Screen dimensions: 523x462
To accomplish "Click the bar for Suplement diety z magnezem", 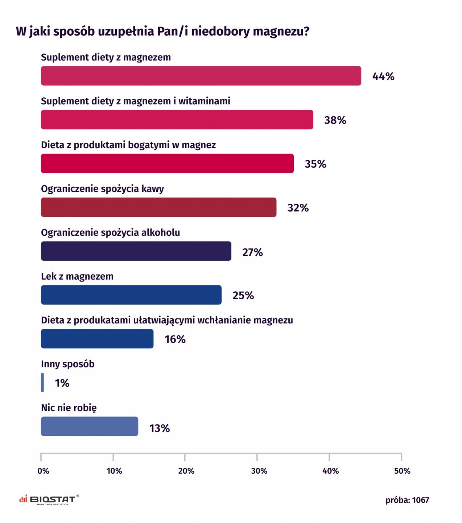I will click(x=201, y=76).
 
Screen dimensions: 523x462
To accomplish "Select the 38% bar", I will click(x=177, y=119).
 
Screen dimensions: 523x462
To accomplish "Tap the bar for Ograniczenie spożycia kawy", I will click(x=158, y=207).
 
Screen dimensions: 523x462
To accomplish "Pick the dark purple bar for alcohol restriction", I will click(x=136, y=251).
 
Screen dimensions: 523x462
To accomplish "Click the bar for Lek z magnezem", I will click(x=131, y=295).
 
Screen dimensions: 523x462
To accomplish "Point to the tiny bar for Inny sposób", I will click(x=42, y=382).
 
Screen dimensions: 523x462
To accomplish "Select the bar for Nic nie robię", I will click(x=90, y=426).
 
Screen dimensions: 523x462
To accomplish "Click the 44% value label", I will click(x=383, y=76).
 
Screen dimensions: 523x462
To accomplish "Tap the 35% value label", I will click(x=315, y=164).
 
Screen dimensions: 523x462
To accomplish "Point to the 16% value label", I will click(x=175, y=339).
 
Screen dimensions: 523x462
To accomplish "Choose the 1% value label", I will click(x=62, y=383).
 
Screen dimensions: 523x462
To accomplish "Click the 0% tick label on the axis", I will click(x=43, y=471).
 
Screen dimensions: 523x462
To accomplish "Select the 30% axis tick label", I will click(x=259, y=471).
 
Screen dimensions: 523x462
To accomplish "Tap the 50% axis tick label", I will click(x=402, y=471).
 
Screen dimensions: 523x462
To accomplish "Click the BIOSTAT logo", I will click(x=49, y=500).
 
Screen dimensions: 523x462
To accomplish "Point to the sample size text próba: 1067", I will click(x=407, y=500).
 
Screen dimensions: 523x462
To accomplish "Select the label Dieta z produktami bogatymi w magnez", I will click(x=128, y=145).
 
